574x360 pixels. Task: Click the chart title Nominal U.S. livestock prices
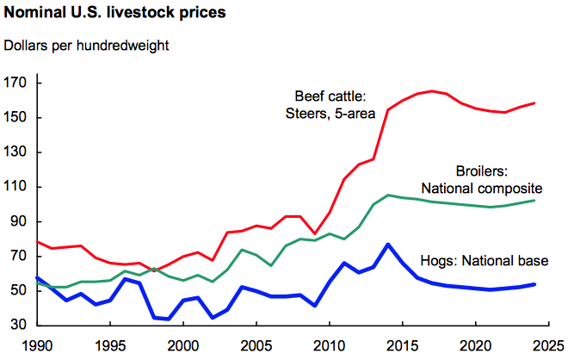point(114,12)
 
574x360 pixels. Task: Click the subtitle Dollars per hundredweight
point(86,46)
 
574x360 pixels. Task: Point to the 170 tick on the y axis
point(15,83)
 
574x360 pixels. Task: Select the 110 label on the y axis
point(15,186)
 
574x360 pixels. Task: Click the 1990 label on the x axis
point(37,345)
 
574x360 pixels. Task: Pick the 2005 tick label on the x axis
point(256,345)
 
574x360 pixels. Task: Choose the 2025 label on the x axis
point(548,345)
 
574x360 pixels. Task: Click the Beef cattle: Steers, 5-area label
point(330,105)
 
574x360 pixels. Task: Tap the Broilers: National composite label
point(482,180)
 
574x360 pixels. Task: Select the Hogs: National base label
point(485,261)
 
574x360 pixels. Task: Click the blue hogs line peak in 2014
point(388,245)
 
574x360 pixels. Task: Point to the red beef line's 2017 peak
point(432,90)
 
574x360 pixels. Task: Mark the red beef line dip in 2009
point(315,233)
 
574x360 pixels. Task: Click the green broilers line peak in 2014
point(388,196)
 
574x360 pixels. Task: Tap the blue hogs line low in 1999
point(169,319)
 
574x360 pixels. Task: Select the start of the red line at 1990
point(37,242)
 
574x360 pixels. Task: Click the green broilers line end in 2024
point(534,201)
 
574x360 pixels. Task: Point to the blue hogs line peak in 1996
point(125,279)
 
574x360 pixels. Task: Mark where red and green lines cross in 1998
point(152,270)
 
